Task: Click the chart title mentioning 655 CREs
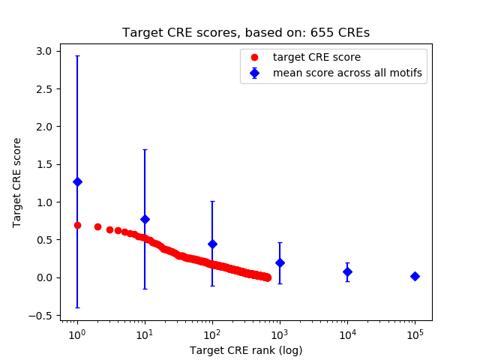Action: coord(245,33)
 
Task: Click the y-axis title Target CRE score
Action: coord(17,182)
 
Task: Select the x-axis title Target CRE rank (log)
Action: coord(245,350)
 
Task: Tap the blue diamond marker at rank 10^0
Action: coord(76,181)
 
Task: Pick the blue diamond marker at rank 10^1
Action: coord(145,219)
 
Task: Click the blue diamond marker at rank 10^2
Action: coord(212,244)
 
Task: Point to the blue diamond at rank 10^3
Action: coord(280,262)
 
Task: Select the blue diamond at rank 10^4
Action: coord(347,271)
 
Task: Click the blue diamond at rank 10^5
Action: coord(415,276)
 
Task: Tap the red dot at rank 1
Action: coord(77,225)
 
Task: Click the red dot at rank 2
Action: coord(97,226)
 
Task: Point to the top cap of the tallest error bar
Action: coord(76,55)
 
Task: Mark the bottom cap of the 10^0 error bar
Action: coord(76,307)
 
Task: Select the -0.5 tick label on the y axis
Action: coord(42,315)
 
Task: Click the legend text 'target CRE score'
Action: coord(316,57)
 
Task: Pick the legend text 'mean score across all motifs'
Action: coord(346,73)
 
